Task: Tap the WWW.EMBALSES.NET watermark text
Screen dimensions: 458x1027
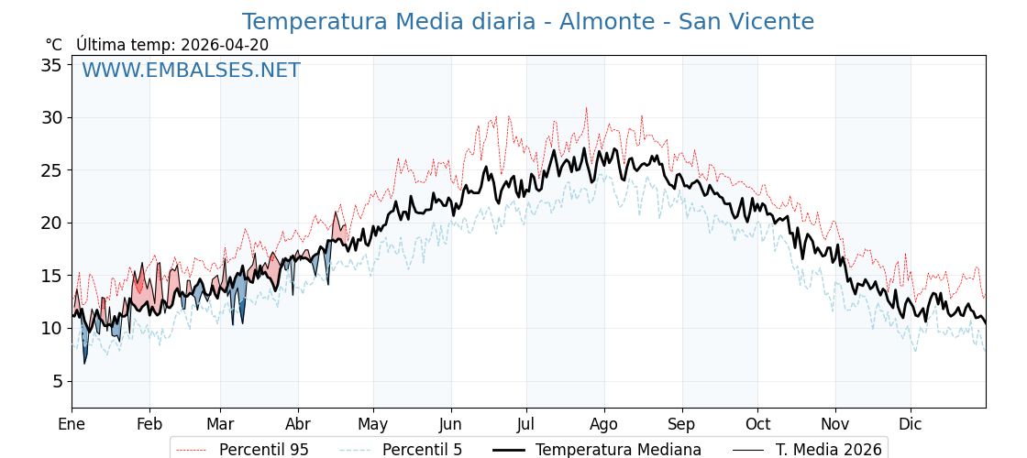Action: (x=191, y=71)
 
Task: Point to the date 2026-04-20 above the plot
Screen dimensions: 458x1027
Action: (x=225, y=45)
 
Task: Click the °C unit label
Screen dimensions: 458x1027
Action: (x=54, y=45)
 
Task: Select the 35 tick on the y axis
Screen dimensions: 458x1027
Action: (x=51, y=65)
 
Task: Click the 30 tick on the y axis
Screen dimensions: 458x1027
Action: (x=51, y=117)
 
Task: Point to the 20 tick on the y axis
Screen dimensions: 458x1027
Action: (x=51, y=223)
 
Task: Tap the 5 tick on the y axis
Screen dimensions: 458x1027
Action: (x=57, y=381)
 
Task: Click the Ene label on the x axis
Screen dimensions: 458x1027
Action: (x=72, y=424)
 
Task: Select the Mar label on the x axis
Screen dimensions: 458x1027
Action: (x=220, y=424)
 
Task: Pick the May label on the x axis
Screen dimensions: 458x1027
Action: (x=373, y=424)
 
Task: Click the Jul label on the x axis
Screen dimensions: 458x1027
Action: (x=526, y=424)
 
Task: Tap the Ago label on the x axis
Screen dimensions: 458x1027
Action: (x=603, y=424)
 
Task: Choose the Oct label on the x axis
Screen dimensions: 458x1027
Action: (x=757, y=424)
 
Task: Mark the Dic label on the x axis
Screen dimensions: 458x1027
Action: (x=911, y=424)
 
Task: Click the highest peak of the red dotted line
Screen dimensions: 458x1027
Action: (x=587, y=108)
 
